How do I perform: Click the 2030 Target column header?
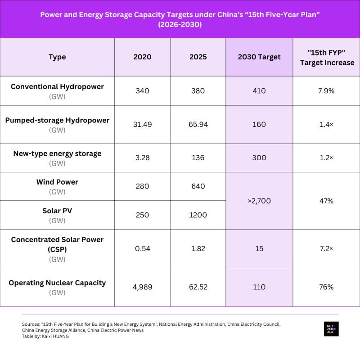coord(259,57)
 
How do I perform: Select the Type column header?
coord(57,57)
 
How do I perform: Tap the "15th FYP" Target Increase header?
coord(327,58)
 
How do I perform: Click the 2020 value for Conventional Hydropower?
coord(142,91)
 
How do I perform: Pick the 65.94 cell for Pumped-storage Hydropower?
coord(198,125)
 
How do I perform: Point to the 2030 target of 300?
coord(259,158)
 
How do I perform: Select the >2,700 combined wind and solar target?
coord(259,201)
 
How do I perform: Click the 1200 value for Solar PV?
coord(198,215)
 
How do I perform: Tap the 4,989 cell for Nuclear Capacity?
coord(142,287)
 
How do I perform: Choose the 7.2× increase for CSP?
coord(326,249)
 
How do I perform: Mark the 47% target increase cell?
coord(326,201)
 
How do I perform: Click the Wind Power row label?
coord(57,182)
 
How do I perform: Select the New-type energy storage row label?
coord(57,153)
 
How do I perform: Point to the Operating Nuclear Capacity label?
coord(57,283)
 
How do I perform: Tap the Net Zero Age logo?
coord(331,329)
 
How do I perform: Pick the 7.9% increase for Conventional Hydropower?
coord(326,91)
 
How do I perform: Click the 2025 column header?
coord(198,57)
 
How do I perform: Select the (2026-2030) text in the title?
coord(180,24)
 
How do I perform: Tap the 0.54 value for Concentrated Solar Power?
coord(142,249)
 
